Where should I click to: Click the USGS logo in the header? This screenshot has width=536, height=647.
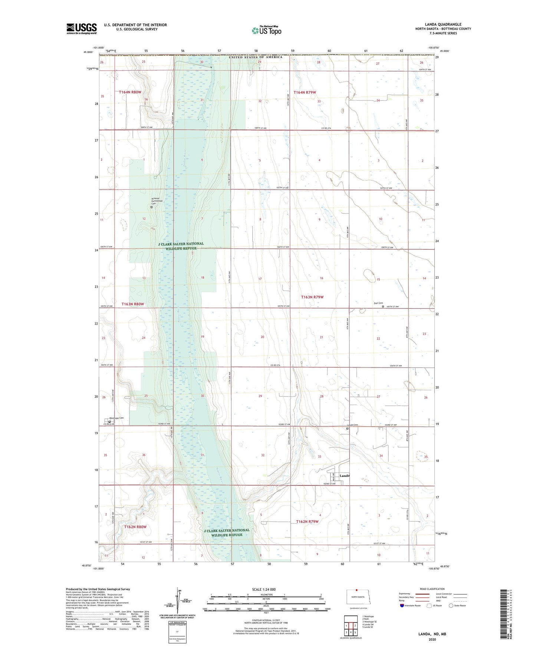point(81,29)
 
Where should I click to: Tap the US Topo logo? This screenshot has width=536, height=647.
point(266,30)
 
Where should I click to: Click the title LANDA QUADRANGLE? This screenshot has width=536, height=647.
point(443,24)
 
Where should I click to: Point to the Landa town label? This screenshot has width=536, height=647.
point(345,475)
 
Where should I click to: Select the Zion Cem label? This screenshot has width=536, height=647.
point(378,303)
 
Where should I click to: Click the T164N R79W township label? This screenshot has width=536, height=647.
point(305,92)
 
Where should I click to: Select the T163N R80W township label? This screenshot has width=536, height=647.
point(132,304)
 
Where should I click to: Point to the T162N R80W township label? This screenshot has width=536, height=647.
point(135,527)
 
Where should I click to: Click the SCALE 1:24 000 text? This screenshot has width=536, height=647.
point(264,590)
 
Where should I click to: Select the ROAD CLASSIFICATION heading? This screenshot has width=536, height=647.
point(432,589)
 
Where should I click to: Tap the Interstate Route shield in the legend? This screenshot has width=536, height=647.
point(402,605)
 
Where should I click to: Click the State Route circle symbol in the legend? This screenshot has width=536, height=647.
point(451,605)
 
